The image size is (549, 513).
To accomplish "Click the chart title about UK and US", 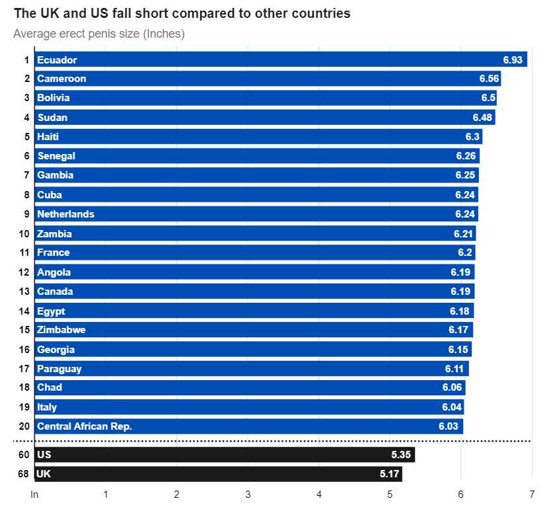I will click(x=182, y=13).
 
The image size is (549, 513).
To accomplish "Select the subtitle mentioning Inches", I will click(x=98, y=34).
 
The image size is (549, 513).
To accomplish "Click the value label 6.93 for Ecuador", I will click(x=513, y=60).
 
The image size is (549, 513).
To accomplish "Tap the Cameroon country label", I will click(x=61, y=79).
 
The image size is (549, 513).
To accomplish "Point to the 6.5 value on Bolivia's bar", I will click(x=488, y=98).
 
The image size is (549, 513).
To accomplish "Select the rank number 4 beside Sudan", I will click(x=26, y=118).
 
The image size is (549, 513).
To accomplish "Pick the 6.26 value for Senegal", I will click(x=466, y=156).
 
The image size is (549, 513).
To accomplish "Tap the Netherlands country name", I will click(x=65, y=214).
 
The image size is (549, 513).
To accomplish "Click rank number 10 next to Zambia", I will click(x=24, y=234).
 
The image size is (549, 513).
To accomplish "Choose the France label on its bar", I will click(x=53, y=253).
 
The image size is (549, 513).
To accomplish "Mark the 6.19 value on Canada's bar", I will click(x=460, y=292).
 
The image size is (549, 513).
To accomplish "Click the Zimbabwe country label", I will click(x=61, y=330).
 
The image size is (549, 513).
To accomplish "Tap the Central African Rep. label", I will click(x=85, y=426).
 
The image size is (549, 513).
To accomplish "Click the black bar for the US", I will click(x=225, y=455).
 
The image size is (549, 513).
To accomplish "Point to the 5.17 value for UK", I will click(x=388, y=474).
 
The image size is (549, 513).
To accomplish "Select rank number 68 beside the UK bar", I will click(x=24, y=474).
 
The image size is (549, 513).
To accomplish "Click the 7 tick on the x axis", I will click(x=532, y=494).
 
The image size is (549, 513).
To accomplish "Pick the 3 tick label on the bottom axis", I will click(x=248, y=494).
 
